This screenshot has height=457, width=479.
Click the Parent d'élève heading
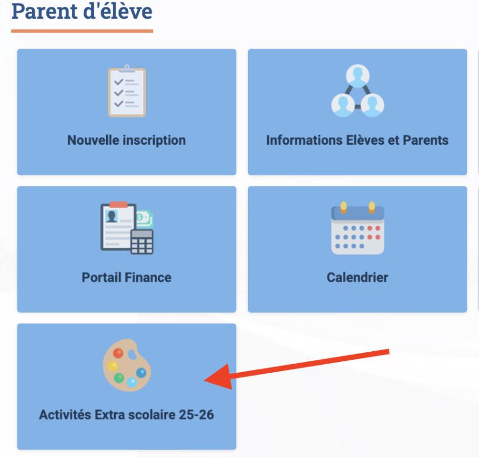click(x=82, y=11)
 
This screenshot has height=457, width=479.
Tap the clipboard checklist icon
click(x=127, y=91)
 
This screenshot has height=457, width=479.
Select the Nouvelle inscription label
click(x=127, y=140)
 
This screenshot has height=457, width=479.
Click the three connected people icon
click(x=358, y=90)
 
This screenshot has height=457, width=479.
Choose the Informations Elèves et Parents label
click(x=358, y=140)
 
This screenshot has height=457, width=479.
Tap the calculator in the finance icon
click(x=142, y=242)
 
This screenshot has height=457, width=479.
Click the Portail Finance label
click(x=127, y=278)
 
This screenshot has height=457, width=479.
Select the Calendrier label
click(x=358, y=278)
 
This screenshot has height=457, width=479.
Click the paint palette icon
click(x=127, y=365)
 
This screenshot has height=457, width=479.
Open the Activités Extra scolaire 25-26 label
click(x=127, y=415)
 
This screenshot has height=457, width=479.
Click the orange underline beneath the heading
click(x=82, y=31)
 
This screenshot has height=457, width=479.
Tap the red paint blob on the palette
click(x=118, y=353)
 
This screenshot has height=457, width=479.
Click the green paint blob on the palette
click(x=119, y=378)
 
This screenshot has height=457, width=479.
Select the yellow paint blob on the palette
click(x=113, y=366)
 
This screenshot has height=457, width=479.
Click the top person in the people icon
click(x=358, y=76)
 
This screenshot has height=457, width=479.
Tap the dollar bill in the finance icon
click(x=144, y=218)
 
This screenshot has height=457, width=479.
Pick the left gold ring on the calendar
click(x=343, y=207)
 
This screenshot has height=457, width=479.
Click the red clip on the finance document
click(x=119, y=205)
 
